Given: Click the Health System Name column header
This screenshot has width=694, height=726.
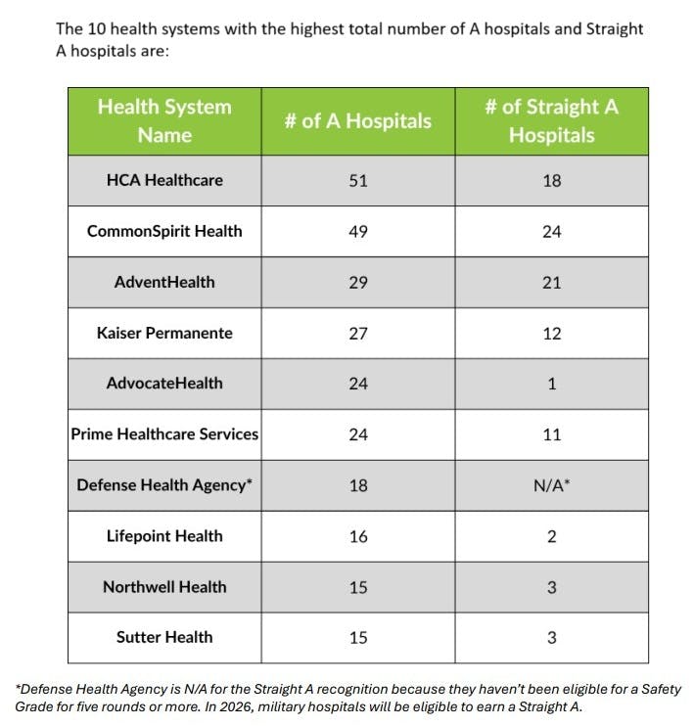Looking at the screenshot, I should click(164, 120).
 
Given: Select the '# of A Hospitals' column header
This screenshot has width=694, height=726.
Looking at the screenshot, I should click(357, 121).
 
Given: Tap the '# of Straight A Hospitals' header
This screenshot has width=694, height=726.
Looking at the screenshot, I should click(551, 120).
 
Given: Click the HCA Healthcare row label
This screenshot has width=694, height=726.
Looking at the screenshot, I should click(164, 180).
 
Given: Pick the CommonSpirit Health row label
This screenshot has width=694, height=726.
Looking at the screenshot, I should click(164, 231).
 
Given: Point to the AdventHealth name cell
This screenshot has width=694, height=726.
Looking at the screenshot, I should click(164, 282).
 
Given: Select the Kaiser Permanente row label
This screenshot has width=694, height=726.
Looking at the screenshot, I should click(164, 333).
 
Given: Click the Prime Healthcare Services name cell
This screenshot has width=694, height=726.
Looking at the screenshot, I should click(164, 434).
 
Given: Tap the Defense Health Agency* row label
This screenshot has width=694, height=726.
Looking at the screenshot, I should click(164, 485).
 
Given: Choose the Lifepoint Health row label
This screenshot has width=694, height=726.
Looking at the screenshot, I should click(164, 536).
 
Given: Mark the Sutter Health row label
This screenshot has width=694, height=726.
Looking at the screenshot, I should click(164, 638).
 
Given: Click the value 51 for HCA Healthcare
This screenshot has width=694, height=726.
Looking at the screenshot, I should click(357, 180).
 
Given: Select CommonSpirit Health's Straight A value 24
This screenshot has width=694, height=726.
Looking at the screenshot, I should click(551, 232).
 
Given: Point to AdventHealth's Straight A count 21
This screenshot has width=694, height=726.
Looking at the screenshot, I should click(551, 283).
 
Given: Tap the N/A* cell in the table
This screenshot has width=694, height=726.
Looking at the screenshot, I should click(551, 485).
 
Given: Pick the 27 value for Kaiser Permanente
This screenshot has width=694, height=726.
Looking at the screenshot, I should click(357, 334).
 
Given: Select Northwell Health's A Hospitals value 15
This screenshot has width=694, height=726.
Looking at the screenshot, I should click(357, 587).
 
